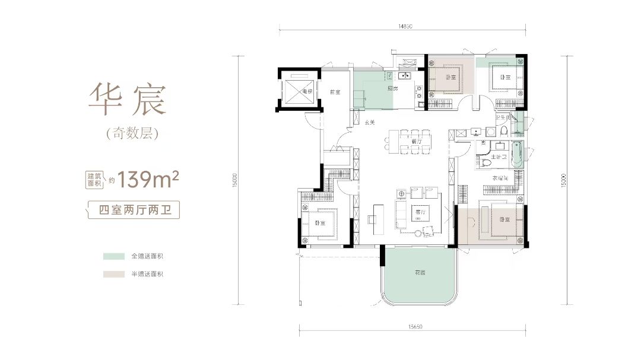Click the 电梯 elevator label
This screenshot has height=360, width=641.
pos(306,92)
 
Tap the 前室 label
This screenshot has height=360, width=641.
pos(335,92)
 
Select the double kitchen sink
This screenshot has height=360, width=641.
pos(405,76)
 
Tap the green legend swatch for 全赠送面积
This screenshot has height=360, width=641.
pos(112,257)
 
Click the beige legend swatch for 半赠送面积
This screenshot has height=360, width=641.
pos(112,274)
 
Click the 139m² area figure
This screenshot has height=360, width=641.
pos(148,177)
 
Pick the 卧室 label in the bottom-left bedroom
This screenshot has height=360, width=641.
pos(320,223)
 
